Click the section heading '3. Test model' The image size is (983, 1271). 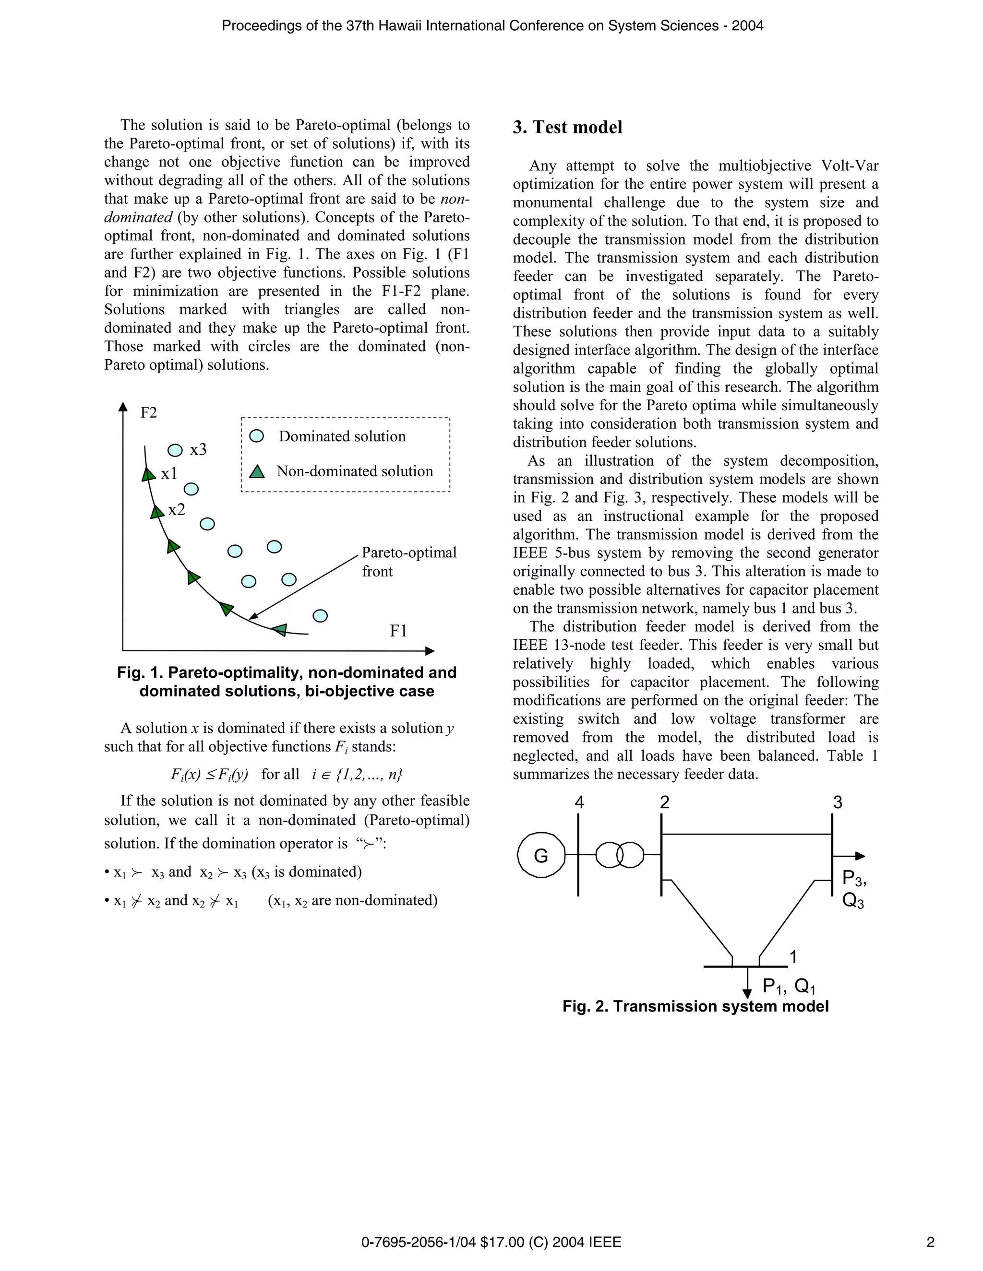click(x=567, y=128)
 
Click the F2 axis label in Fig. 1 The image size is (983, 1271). click(x=148, y=412)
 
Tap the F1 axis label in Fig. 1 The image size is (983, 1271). click(x=398, y=631)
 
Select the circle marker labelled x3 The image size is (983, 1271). click(x=175, y=450)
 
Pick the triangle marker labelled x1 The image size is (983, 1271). click(x=148, y=475)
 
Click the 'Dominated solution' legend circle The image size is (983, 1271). click(x=256, y=436)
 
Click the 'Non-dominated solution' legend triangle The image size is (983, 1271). click(x=257, y=471)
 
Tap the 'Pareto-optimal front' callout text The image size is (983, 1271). click(x=409, y=561)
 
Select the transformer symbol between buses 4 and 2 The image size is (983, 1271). click(x=620, y=855)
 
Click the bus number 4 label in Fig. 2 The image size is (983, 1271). click(x=579, y=803)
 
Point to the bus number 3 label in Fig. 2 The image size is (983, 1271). click(x=838, y=803)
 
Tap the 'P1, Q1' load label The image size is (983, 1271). click(x=789, y=986)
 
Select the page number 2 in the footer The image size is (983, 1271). click(x=930, y=1243)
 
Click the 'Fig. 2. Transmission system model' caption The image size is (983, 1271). click(x=695, y=1006)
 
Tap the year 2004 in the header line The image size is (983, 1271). click(x=747, y=25)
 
